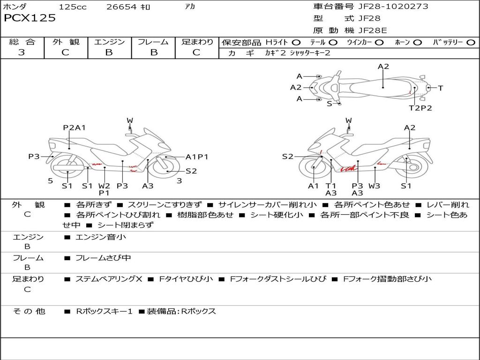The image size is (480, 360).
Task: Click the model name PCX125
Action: [x=30, y=18]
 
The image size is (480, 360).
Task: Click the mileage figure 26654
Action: [x=121, y=7]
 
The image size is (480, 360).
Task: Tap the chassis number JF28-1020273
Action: [x=393, y=6]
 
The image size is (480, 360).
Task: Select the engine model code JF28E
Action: [x=373, y=30]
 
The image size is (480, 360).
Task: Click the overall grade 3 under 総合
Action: [x=22, y=52]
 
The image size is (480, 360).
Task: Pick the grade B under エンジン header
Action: [x=109, y=52]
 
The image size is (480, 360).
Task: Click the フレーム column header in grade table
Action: [x=153, y=42]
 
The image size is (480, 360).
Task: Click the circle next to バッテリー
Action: [x=471, y=43]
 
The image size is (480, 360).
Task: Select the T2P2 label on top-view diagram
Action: [x=420, y=108]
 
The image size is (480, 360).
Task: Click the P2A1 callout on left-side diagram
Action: [x=74, y=127]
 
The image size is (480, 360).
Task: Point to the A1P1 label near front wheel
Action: [x=197, y=157]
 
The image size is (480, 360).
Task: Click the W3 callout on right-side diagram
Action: [x=374, y=186]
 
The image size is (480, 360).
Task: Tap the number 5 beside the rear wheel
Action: [x=51, y=181]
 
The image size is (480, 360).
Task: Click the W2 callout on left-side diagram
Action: [x=104, y=186]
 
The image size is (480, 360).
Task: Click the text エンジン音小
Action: [x=101, y=237]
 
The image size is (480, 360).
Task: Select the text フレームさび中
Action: [x=103, y=258]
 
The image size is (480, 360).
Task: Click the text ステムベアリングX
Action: [x=109, y=279]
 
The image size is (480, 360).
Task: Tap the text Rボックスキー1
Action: [x=104, y=311]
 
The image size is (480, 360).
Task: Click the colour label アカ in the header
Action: [x=190, y=7]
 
